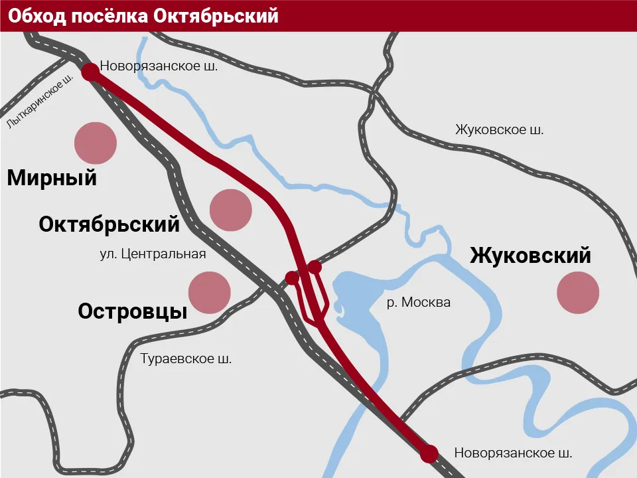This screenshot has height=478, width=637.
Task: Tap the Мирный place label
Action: [x=52, y=178]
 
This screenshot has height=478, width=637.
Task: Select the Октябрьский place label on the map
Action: [x=109, y=224]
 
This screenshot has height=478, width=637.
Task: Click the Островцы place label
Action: [x=133, y=311]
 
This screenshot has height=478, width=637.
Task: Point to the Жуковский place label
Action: [x=530, y=256]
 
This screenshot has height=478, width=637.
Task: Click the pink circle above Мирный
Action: [x=96, y=143]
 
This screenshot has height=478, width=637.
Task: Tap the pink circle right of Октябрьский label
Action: [x=231, y=210]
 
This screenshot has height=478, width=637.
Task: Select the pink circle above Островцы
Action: [x=210, y=292]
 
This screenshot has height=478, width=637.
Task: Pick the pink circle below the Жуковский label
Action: [x=578, y=291]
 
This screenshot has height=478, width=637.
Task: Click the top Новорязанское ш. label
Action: [x=159, y=66]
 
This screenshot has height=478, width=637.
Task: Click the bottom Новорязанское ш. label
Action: [x=513, y=453]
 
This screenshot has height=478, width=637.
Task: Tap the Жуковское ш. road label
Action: [x=499, y=130]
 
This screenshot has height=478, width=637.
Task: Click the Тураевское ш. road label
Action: [x=186, y=359]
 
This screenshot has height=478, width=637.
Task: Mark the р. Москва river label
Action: [x=419, y=303]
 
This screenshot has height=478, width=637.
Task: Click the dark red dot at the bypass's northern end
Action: [x=90, y=72]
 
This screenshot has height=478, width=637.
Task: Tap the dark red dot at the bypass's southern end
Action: [x=429, y=454]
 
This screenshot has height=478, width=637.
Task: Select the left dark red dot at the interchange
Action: [x=291, y=277]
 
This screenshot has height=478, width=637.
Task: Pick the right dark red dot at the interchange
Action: [x=315, y=267]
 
